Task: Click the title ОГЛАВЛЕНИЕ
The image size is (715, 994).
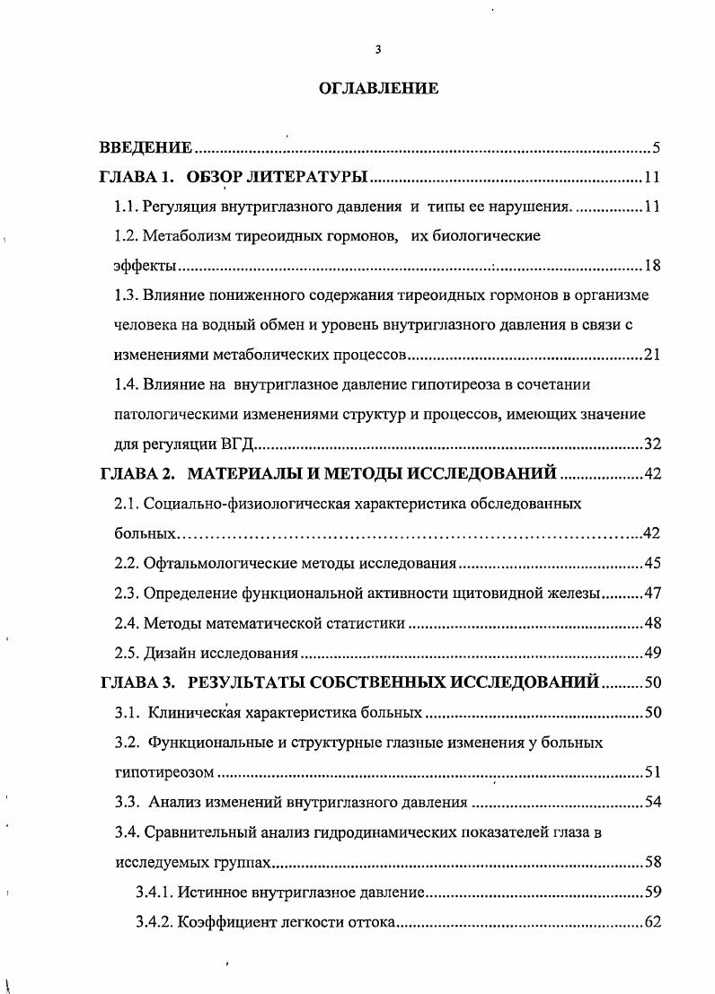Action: pyautogui.click(x=378, y=89)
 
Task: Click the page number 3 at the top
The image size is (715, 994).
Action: pyautogui.click(x=378, y=50)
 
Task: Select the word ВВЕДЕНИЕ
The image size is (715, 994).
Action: pyautogui.click(x=146, y=148)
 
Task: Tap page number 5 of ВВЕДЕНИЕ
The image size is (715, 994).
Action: pyautogui.click(x=657, y=148)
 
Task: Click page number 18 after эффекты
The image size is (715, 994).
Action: pyautogui.click(x=653, y=266)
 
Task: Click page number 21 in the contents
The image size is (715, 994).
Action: pyautogui.click(x=653, y=355)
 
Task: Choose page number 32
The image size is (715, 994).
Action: pyautogui.click(x=653, y=444)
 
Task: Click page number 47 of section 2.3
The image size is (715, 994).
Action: pyautogui.click(x=653, y=593)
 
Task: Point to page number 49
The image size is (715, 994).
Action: pyautogui.click(x=653, y=652)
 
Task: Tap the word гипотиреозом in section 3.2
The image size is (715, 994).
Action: pyautogui.click(x=166, y=771)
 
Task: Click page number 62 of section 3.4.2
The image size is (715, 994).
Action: pyautogui.click(x=653, y=921)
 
